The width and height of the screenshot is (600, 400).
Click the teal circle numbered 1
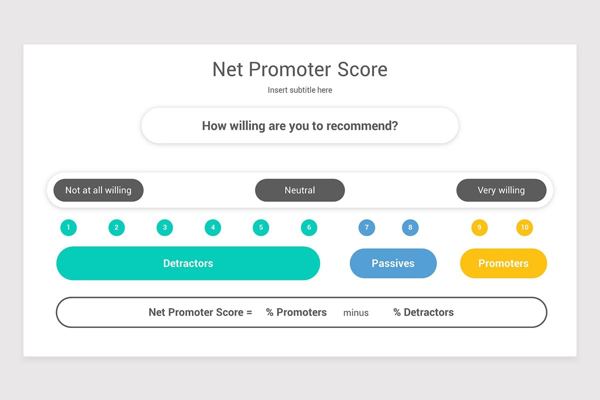(x=68, y=228)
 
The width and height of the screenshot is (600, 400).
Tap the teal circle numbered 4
(x=213, y=228)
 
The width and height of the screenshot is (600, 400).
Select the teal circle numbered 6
(x=309, y=228)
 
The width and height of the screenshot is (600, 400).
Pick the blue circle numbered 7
(x=366, y=228)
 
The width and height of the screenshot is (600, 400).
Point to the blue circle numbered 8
(x=410, y=228)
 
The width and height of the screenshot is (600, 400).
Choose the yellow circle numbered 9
(x=479, y=228)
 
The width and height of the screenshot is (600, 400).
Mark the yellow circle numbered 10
(x=524, y=228)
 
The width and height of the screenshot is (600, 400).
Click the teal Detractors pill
(x=188, y=263)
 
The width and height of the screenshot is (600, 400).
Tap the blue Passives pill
(x=393, y=263)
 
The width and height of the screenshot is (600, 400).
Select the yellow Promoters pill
(x=503, y=263)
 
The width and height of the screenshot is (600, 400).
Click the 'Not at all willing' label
(x=98, y=190)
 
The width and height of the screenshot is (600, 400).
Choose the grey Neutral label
(x=300, y=190)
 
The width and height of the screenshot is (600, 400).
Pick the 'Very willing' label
(x=501, y=190)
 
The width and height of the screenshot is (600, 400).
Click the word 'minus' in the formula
(x=356, y=313)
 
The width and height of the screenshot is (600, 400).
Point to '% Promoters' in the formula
(x=296, y=312)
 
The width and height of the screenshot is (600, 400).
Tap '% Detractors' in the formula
(x=423, y=312)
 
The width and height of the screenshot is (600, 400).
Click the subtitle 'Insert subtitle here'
(x=300, y=90)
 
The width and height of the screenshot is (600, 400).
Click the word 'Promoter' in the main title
(x=290, y=69)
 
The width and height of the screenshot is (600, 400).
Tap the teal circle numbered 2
(x=116, y=228)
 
